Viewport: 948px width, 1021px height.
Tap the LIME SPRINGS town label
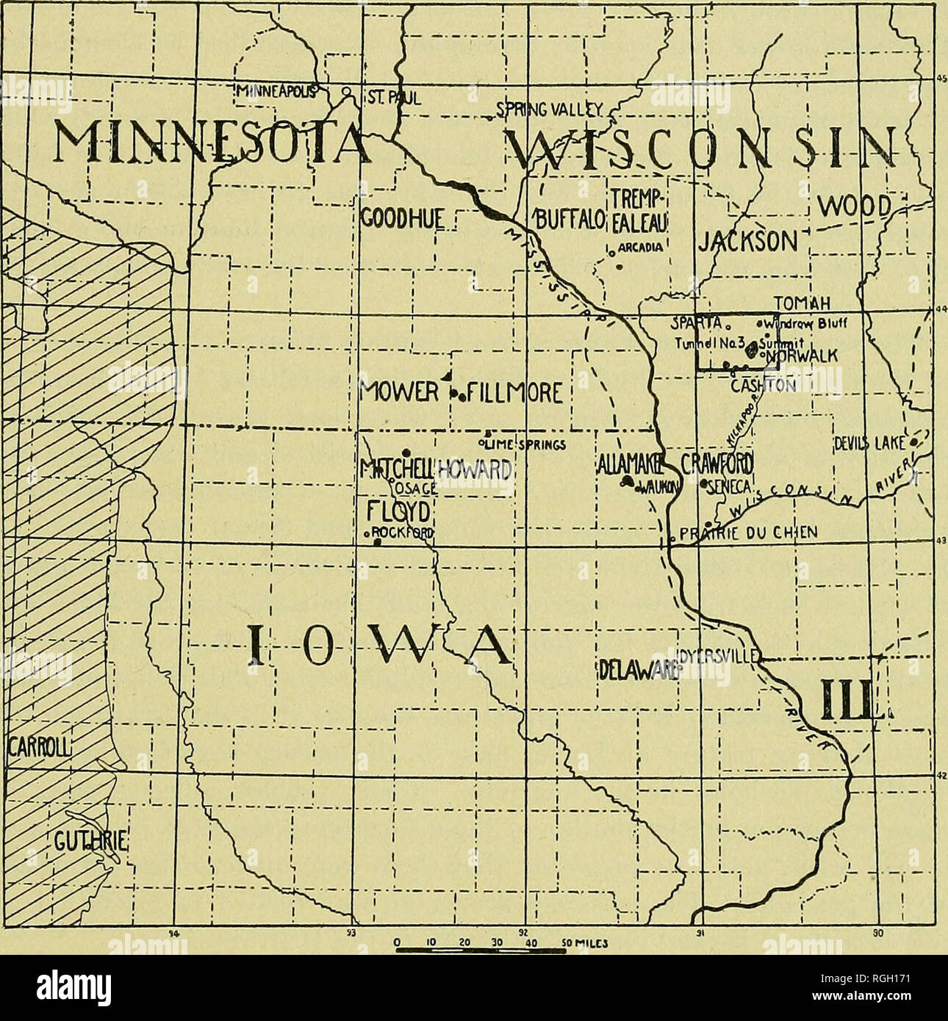point(523,444)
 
